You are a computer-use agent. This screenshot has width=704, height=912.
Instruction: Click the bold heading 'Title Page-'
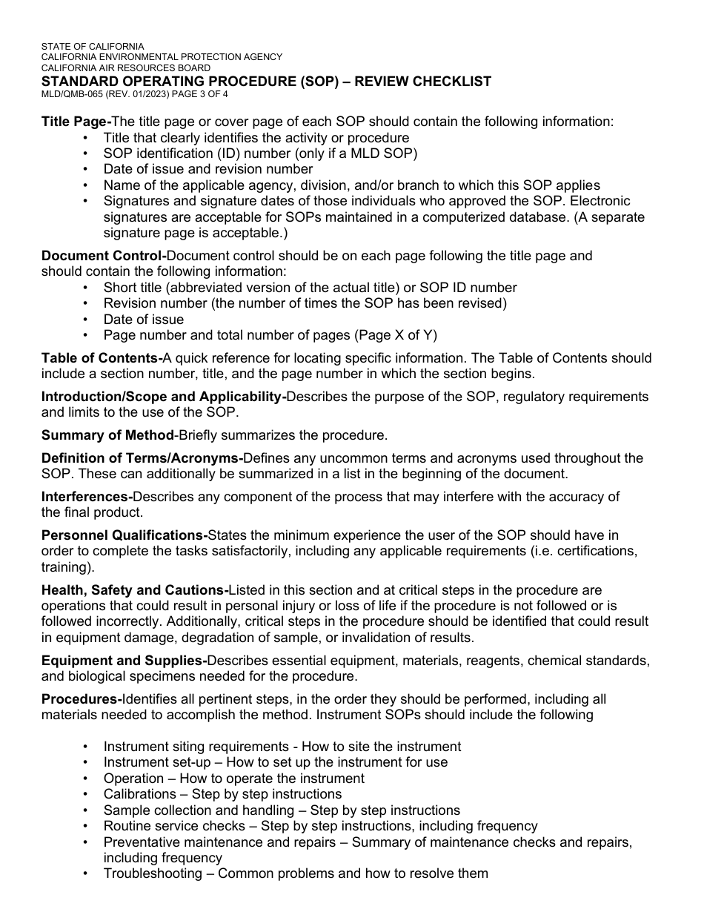[x=76, y=122]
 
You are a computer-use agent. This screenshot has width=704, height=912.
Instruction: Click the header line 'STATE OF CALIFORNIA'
[x=93, y=46]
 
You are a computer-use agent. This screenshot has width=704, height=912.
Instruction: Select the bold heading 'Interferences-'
[x=87, y=497]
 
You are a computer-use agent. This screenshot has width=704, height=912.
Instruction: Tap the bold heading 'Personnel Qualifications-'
[x=124, y=535]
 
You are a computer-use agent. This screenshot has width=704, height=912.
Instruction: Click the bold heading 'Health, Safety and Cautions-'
[x=135, y=590]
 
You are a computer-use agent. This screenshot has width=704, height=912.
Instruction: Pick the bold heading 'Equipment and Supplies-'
[x=124, y=660]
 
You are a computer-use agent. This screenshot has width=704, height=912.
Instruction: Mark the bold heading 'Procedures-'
[x=82, y=699]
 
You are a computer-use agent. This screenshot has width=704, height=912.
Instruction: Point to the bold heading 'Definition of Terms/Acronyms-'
[x=142, y=458]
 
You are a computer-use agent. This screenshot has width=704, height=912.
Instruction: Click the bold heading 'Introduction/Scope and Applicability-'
[x=164, y=397]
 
